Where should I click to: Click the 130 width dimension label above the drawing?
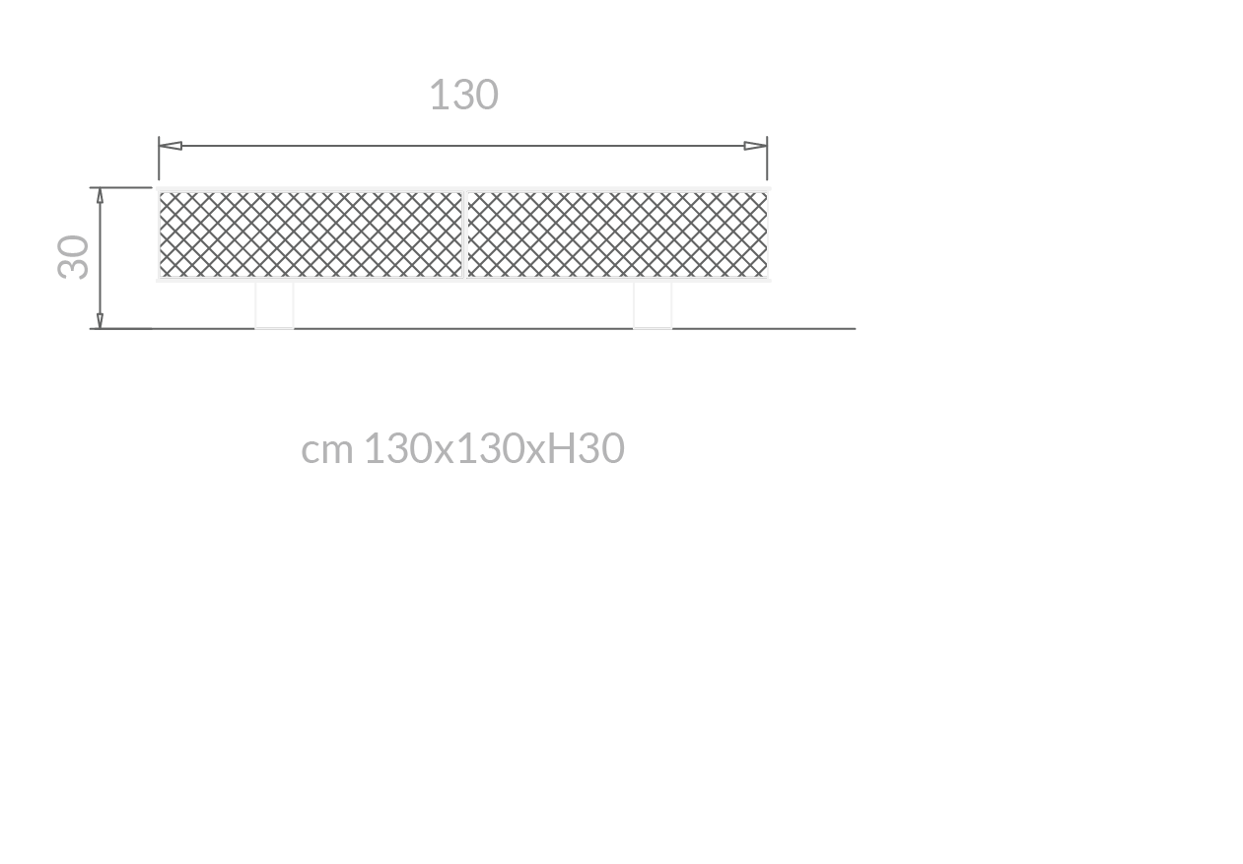pyautogui.click(x=463, y=96)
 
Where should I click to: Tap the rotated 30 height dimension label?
pyautogui.click(x=75, y=257)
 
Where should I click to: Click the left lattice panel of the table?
pyautogui.click(x=311, y=234)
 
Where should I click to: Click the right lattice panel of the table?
pyautogui.click(x=616, y=234)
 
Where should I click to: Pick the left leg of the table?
pyautogui.click(x=274, y=304)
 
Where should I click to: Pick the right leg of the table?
pyautogui.click(x=653, y=304)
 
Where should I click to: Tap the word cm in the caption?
pyautogui.click(x=326, y=450)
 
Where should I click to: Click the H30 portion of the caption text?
pyautogui.click(x=586, y=449)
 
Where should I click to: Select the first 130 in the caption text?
pyautogui.click(x=397, y=449)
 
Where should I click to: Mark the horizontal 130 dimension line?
pyautogui.click(x=463, y=146)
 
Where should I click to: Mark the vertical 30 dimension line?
pyautogui.click(x=100, y=257)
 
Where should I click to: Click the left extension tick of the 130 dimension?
pyautogui.click(x=159, y=158)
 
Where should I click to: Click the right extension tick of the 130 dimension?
pyautogui.click(x=767, y=158)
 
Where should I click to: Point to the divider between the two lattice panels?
pyautogui.click(x=464, y=234)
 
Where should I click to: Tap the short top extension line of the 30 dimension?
pyautogui.click(x=118, y=187)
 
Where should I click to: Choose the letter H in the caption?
pyautogui.click(x=561, y=449)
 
